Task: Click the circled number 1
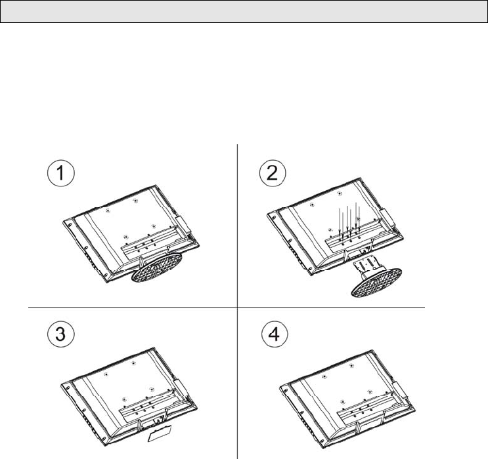pos(61,173)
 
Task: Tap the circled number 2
pos(273,173)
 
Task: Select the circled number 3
pos(61,334)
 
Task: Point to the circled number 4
pos(275,334)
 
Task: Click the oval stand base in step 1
pos(156,267)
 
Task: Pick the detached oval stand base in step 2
pos(376,282)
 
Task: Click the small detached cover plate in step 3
pos(160,433)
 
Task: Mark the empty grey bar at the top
pos(244,12)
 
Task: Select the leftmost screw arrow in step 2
pos(340,220)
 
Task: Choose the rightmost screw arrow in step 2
pos(359,219)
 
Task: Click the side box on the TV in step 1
pos(183,224)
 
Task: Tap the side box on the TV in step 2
pos(388,217)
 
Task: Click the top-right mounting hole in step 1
pos(135,201)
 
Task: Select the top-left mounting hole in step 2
pos(312,205)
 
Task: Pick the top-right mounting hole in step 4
pos(352,366)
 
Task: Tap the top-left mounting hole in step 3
pos(106,374)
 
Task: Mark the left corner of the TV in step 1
pos(64,222)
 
